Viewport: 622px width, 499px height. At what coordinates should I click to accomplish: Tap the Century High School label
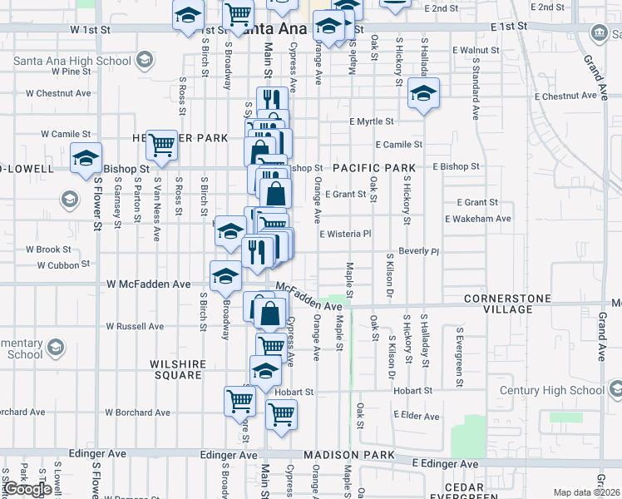[551, 390]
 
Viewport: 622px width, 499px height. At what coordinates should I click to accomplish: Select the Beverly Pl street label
[418, 250]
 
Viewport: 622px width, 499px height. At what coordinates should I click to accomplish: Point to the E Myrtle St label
[372, 121]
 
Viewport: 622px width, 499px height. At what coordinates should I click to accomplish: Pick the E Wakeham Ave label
[476, 219]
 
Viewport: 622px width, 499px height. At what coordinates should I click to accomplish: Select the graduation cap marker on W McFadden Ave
[225, 276]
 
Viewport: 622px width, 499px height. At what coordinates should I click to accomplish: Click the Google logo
[28, 489]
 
